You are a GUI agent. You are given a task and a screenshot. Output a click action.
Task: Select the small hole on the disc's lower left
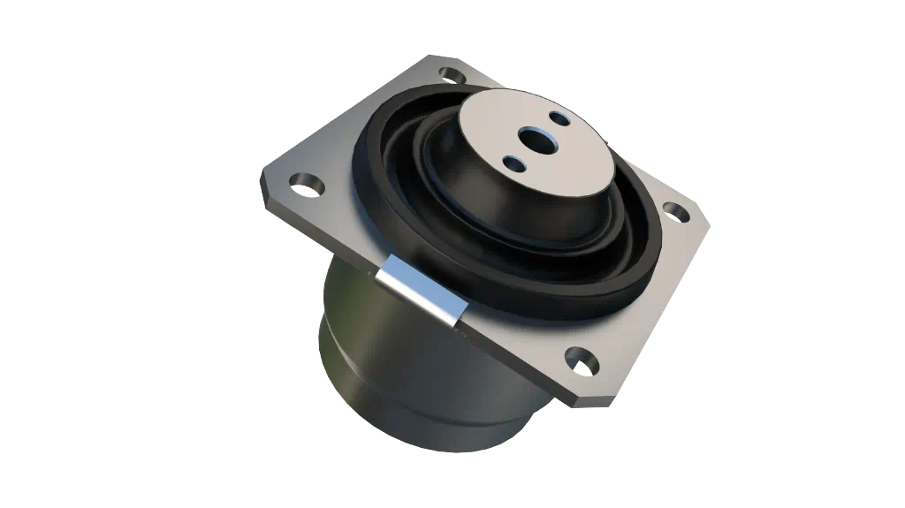coord(512,163)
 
